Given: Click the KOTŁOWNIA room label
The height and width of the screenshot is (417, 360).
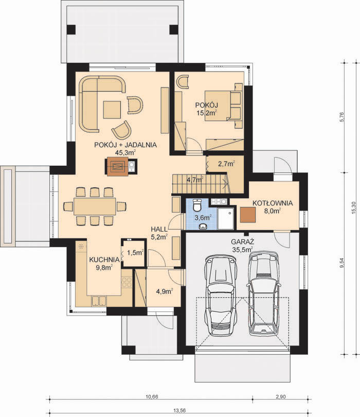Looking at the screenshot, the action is (273, 203).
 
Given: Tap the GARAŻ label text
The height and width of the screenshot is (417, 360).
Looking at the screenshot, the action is (243, 242).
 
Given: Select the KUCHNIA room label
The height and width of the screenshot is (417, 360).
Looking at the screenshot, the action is (104, 259).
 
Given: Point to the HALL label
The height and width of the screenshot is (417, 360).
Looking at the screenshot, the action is (159, 229).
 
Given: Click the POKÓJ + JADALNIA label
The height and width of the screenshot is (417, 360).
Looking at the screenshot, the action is (125, 145).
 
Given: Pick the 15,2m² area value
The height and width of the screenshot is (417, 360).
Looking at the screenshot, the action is (207, 113).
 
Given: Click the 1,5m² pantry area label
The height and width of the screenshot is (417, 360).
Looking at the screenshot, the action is (135, 252).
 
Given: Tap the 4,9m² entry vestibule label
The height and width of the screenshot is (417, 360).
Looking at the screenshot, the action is (165, 291).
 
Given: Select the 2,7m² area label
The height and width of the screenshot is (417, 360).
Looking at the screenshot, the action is (226, 164).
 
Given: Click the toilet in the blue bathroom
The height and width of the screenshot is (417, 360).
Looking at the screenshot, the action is (197, 205).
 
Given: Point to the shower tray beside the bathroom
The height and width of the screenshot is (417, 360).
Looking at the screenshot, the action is (226, 219).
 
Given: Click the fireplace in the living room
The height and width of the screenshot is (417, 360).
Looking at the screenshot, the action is (117, 167).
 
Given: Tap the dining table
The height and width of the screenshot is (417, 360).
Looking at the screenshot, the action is (95, 206).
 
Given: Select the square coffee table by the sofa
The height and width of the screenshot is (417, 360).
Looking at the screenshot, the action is (112, 110).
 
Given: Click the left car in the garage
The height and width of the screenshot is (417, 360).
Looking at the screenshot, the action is (221, 295).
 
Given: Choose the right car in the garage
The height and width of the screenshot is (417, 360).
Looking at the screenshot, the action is (263, 293).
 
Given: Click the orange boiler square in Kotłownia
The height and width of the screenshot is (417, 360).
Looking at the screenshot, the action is (248, 215).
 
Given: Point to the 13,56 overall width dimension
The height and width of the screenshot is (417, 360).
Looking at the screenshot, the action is (179, 411).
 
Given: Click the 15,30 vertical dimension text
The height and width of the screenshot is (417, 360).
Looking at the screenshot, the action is (353, 207).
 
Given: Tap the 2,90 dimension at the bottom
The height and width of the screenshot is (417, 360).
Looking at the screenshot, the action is (281, 397).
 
